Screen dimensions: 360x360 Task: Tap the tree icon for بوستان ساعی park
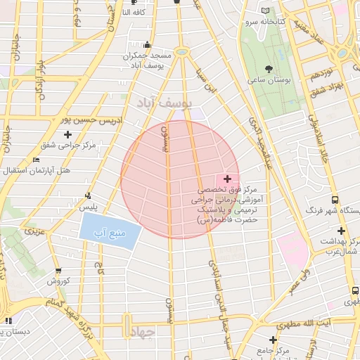click(269, 69)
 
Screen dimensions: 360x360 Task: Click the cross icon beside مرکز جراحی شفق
click(67, 134)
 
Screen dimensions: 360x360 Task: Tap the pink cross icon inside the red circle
click(226, 179)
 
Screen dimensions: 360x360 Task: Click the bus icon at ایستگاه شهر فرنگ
click(335, 199)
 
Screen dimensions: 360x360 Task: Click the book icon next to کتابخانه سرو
click(264, 11)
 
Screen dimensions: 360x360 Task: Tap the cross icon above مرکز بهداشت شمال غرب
click(341, 231)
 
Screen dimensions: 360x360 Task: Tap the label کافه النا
click(134, 12)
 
